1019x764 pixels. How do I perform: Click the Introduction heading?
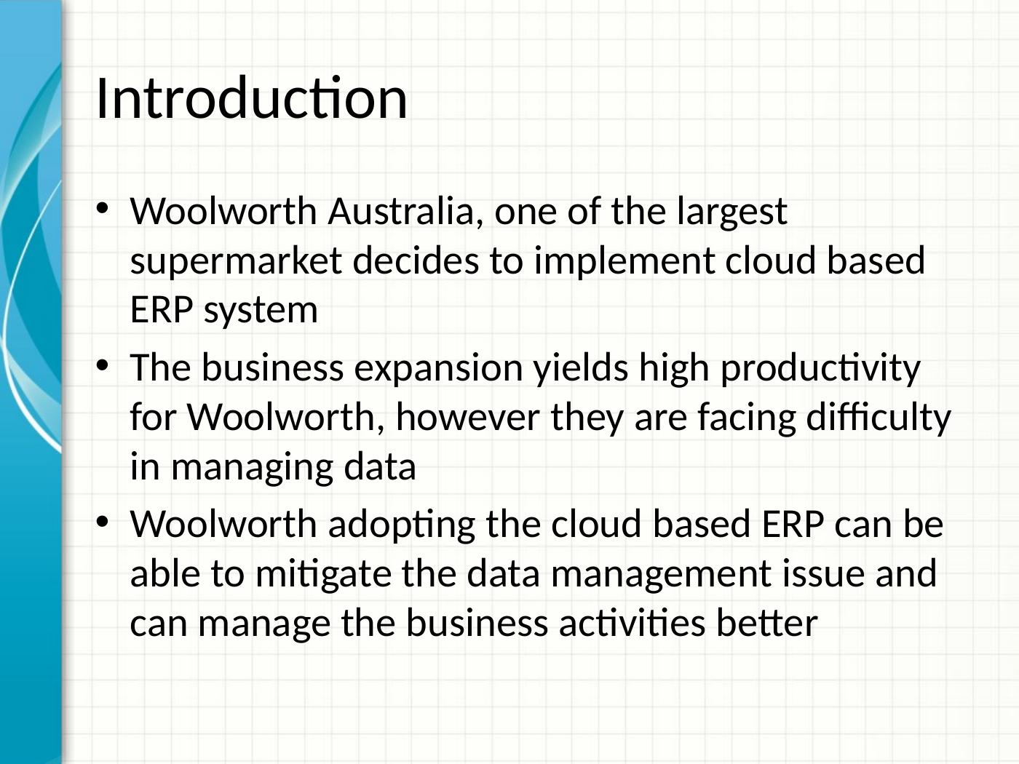coord(251,98)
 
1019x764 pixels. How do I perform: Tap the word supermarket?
coord(236,262)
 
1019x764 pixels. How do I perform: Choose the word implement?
coord(624,262)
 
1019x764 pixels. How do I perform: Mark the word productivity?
coord(820,369)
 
